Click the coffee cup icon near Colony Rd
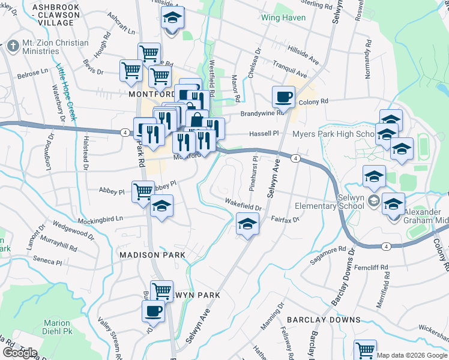(x=283, y=96)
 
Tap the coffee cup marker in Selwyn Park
(x=153, y=311)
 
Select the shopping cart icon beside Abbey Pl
(x=143, y=191)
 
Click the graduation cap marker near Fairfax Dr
(x=246, y=224)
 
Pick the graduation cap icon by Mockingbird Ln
(x=161, y=206)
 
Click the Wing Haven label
(x=283, y=17)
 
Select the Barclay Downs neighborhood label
(x=323, y=320)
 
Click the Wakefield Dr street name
(x=243, y=205)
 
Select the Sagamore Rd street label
(x=328, y=254)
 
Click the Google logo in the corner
(x=20, y=352)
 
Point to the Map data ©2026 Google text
(x=412, y=355)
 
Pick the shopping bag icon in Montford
(x=196, y=119)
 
